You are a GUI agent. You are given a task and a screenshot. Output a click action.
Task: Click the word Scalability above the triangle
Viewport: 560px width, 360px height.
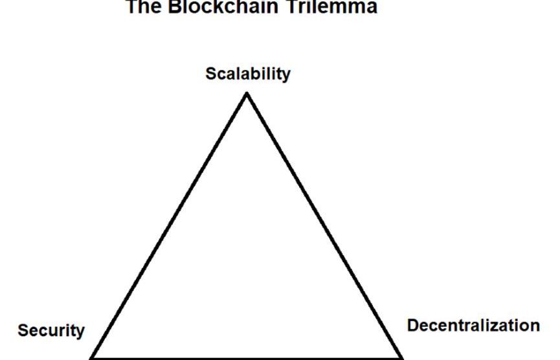click(x=248, y=74)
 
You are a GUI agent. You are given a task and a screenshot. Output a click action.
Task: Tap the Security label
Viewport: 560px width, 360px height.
click(x=51, y=331)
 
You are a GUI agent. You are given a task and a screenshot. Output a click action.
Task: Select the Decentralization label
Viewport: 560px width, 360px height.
click(x=473, y=325)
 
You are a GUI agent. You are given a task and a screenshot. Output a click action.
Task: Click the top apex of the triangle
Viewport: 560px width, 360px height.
click(x=247, y=95)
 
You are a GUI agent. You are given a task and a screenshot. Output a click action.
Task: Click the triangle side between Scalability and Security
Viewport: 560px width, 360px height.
click(x=170, y=225)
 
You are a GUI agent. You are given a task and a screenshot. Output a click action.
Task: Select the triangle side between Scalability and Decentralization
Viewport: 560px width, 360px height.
click(x=324, y=225)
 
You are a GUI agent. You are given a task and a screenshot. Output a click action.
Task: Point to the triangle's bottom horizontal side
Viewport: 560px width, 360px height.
click(x=247, y=357)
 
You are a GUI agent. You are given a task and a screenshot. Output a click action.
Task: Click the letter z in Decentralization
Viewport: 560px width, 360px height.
click(x=498, y=326)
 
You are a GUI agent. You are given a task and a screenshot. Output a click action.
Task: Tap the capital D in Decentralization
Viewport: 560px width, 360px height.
click(x=412, y=325)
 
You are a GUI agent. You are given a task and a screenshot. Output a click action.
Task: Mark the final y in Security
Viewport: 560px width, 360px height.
click(x=80, y=333)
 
